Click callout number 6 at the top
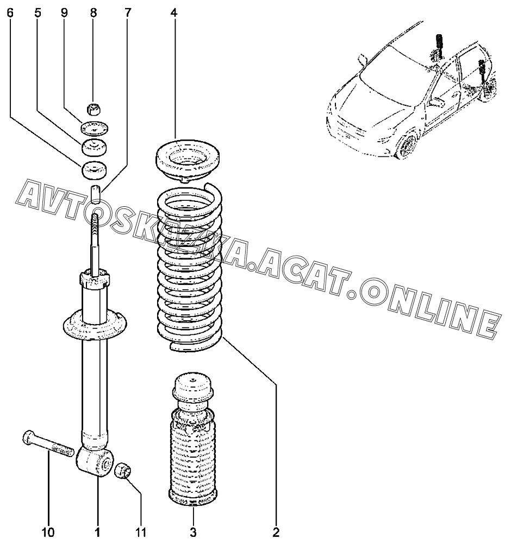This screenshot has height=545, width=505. point(10,13)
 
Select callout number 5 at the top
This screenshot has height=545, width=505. point(38,13)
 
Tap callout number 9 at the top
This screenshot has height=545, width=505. point(65,13)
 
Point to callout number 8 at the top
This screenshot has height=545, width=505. point(93,13)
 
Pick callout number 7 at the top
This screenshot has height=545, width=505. point(128,13)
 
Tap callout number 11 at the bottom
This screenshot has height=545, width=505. point(141,531)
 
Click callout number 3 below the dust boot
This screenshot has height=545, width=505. point(193,531)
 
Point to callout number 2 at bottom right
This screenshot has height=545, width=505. point(276,531)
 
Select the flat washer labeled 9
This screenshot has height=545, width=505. point(94,130)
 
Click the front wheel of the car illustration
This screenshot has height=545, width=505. point(407,146)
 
